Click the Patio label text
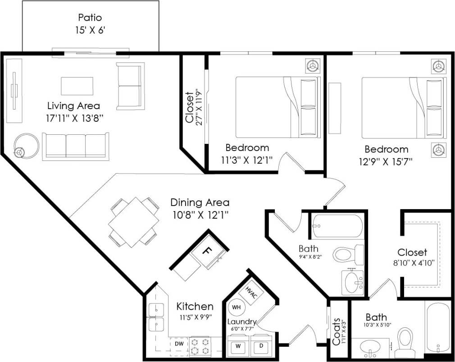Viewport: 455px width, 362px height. (90, 18)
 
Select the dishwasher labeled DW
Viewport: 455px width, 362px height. (179, 344)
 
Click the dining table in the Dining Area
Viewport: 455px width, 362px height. (133, 222)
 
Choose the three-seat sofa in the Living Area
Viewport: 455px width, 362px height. (76, 145)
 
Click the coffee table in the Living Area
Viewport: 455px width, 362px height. (77, 86)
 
